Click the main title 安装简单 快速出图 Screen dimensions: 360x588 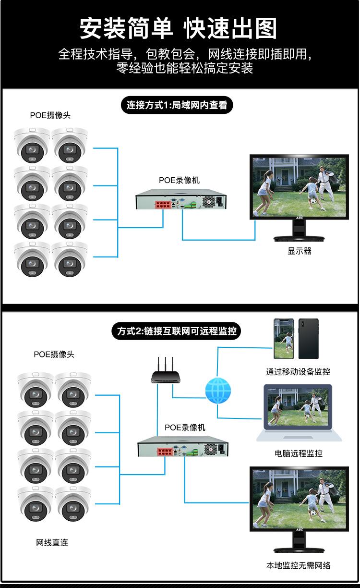178,28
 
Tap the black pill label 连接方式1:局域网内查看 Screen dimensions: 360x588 177,105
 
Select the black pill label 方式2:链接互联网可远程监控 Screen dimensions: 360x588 176,331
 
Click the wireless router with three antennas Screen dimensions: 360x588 166,370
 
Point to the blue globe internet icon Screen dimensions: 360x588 218,391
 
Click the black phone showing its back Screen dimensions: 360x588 308,339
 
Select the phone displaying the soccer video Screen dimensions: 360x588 284,339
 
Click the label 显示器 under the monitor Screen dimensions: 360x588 300,251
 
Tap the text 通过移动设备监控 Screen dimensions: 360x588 298,372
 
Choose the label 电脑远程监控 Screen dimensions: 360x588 299,453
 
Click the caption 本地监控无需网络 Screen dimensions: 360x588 299,565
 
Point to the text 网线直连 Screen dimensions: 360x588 52,542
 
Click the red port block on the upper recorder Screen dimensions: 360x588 163,204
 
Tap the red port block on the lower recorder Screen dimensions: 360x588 165,452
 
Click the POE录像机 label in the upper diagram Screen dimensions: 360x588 180,180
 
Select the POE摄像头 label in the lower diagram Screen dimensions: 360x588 54,355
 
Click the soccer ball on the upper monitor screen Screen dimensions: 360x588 313,202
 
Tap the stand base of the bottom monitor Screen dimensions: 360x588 299,550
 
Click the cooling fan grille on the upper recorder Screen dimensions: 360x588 209,202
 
